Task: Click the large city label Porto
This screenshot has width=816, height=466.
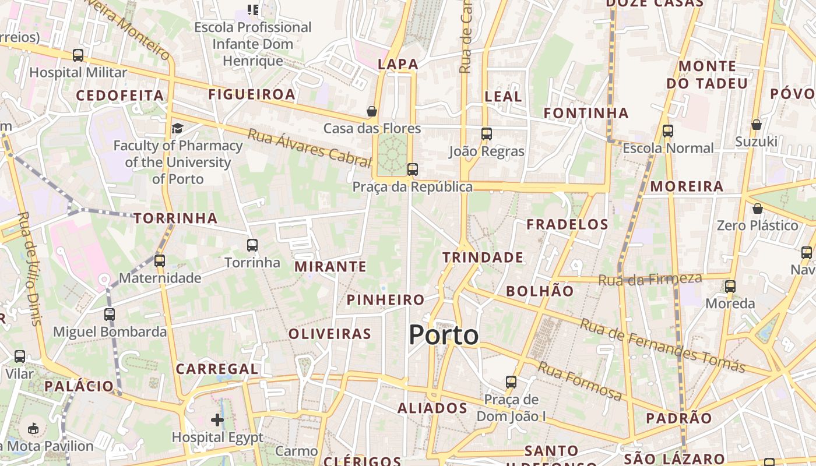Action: pyautogui.click(x=444, y=335)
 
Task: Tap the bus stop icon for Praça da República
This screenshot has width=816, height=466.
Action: pyautogui.click(x=413, y=170)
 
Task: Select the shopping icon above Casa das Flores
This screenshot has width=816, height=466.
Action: pyautogui.click(x=371, y=111)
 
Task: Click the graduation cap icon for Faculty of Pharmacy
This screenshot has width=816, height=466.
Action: pyautogui.click(x=177, y=128)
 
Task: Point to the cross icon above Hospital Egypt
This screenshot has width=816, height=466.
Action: pyautogui.click(x=217, y=419)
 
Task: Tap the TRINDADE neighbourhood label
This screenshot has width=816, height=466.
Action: pyautogui.click(x=483, y=257)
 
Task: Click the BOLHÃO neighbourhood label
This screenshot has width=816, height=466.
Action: pyautogui.click(x=540, y=291)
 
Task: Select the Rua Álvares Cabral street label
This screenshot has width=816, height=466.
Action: pyautogui.click(x=309, y=148)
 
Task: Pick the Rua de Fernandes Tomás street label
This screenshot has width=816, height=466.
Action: pyautogui.click(x=662, y=345)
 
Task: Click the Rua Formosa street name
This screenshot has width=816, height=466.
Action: pyautogui.click(x=579, y=381)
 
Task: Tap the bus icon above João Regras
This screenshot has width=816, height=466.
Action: pyautogui.click(x=487, y=134)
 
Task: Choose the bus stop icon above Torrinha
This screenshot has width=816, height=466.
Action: pyautogui.click(x=252, y=245)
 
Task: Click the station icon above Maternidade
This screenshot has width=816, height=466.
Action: pyautogui.click(x=160, y=260)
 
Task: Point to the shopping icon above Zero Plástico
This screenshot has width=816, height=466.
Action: pyautogui.click(x=757, y=209)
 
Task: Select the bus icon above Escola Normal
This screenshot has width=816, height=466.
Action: pyautogui.click(x=668, y=131)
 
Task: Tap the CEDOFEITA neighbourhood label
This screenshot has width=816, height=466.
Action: pyautogui.click(x=120, y=96)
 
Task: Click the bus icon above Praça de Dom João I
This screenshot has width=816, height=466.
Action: pyautogui.click(x=511, y=382)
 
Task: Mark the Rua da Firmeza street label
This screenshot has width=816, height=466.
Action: pyautogui.click(x=650, y=280)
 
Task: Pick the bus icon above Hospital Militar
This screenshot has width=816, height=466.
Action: pyautogui.click(x=78, y=55)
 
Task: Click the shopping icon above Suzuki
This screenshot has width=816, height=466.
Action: pyautogui.click(x=756, y=125)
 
